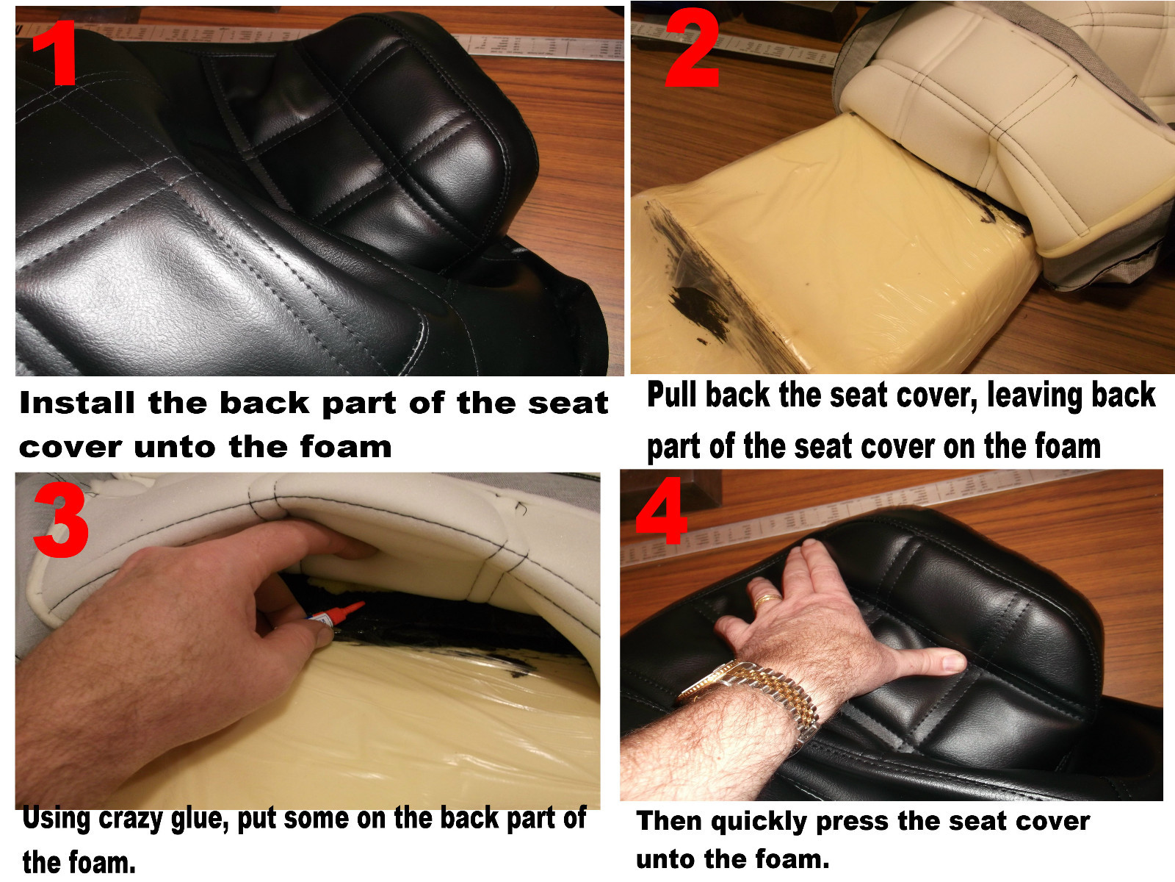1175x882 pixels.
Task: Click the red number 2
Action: pos(691,50)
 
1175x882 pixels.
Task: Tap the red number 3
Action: pos(62,520)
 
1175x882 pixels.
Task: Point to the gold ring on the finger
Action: pos(768,600)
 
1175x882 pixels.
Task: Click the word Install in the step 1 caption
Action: pos(77,403)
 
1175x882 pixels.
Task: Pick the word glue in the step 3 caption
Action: pos(199,818)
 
